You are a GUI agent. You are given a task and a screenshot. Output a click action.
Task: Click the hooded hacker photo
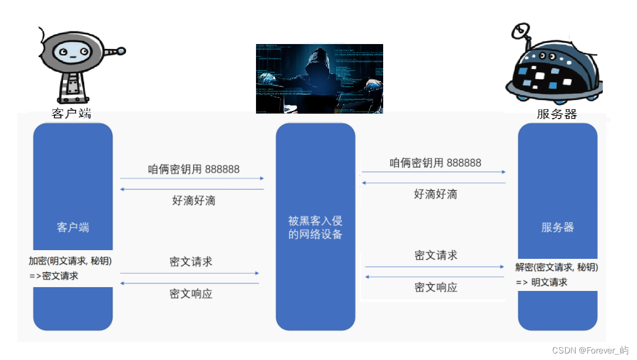pyautogui.click(x=319, y=78)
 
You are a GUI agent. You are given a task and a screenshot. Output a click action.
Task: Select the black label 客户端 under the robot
pyautogui.click(x=72, y=114)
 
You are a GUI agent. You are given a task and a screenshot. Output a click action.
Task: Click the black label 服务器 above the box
pyautogui.click(x=557, y=114)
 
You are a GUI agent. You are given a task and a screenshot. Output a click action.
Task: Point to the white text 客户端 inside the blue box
pyautogui.click(x=73, y=227)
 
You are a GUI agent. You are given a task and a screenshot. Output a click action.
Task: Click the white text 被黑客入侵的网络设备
pyautogui.click(x=315, y=228)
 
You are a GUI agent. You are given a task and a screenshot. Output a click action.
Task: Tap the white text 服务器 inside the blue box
pyautogui.click(x=558, y=227)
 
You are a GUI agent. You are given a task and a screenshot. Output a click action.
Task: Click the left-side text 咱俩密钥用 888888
pyautogui.click(x=193, y=169)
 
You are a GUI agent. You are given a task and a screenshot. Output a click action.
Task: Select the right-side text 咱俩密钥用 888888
pyautogui.click(x=435, y=163)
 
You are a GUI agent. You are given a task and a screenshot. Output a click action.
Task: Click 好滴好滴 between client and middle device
pyautogui.click(x=193, y=200)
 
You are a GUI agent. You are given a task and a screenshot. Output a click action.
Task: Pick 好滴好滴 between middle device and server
pyautogui.click(x=435, y=194)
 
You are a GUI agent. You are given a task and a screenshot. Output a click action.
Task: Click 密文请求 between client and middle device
pyautogui.click(x=191, y=262)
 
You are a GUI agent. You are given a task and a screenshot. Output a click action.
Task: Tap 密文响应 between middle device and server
pyautogui.click(x=436, y=287)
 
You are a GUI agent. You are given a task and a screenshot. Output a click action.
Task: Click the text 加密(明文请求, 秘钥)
pyautogui.click(x=74, y=260)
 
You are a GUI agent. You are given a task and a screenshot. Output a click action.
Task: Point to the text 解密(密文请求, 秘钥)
pyautogui.click(x=557, y=267)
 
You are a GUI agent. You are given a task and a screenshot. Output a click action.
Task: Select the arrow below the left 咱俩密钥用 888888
pyautogui.click(x=192, y=178)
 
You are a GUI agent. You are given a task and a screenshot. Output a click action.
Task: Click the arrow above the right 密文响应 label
pyautogui.click(x=435, y=277)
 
